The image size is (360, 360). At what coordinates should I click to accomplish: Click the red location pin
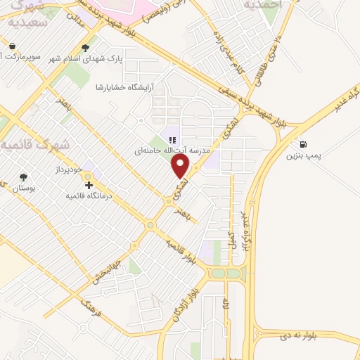[x=181, y=166]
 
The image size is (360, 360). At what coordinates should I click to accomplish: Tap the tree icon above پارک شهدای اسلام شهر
[x=86, y=48]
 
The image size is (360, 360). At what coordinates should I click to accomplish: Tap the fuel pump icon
[x=303, y=141]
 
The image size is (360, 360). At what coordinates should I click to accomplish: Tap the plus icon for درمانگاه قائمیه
[x=89, y=186]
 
